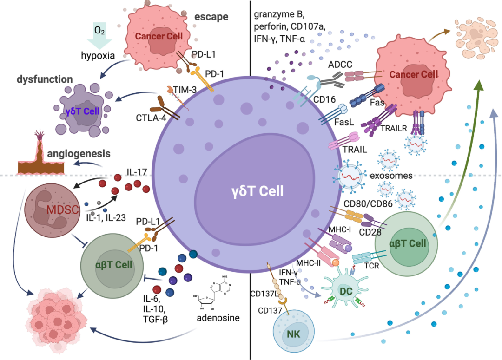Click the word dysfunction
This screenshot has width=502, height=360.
pos(45,79)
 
